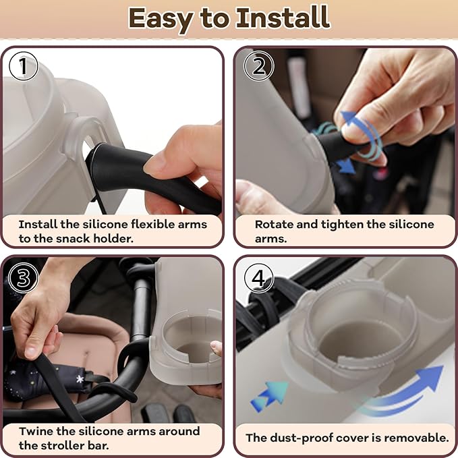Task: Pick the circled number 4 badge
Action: [x=258, y=278]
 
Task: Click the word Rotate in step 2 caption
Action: [x=273, y=224]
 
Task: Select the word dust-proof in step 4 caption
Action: [x=303, y=438]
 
